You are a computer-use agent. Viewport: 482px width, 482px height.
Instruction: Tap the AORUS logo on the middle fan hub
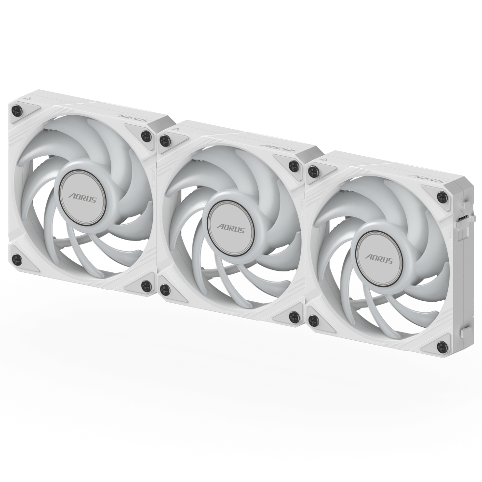click(230, 228)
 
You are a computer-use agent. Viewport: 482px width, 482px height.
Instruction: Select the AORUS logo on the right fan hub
click(379, 258)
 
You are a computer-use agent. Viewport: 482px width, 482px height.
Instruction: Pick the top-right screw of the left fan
click(146, 136)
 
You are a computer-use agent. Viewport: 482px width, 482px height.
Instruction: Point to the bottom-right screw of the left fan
click(146, 286)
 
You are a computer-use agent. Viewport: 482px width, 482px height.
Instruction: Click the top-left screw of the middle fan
click(165, 141)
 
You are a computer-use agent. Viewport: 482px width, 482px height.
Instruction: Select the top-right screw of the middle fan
click(294, 166)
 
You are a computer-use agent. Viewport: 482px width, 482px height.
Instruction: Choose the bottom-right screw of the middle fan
click(294, 317)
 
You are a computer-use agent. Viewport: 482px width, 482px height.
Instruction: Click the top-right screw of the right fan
click(442, 196)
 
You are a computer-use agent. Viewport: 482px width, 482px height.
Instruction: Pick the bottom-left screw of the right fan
click(314, 321)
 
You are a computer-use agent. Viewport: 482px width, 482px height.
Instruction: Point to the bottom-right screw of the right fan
click(442, 346)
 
